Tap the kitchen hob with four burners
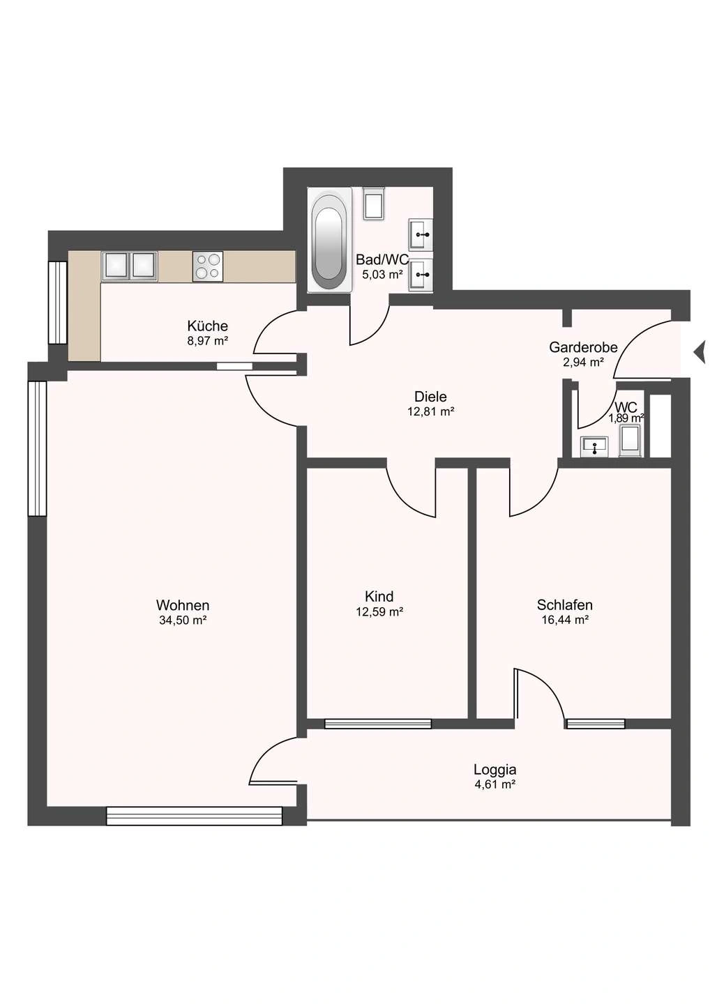pos(208,266)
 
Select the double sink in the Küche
pos(130,266)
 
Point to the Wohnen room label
pos(183,605)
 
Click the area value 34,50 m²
pos(183,621)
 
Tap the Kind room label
pos(379,597)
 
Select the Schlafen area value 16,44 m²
pos(565,620)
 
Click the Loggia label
pos(495,770)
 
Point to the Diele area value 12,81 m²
pos(431,411)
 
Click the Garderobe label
pos(583,347)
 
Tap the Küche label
pos(208,326)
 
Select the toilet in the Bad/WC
pos(375,203)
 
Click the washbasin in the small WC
pos(594,447)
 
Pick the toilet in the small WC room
pos(629,441)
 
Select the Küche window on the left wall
pos(57,303)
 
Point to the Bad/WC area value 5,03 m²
pos(382,275)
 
